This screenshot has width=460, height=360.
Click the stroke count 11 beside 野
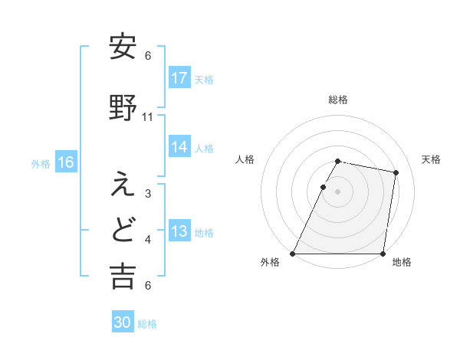coord(148,117)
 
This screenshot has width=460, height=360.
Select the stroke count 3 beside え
coord(148,194)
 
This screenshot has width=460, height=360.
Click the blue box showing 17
coord(179,78)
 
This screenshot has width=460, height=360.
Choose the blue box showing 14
coord(179,147)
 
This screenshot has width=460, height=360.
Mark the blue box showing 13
coord(179,231)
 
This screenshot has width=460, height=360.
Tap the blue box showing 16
coord(66,162)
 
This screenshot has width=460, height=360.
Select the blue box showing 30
coord(123,323)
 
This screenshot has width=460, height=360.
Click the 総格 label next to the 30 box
coord(148,324)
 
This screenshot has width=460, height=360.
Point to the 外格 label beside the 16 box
coord(41,163)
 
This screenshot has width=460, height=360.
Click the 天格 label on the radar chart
coord(431,159)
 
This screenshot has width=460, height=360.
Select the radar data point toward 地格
coord(383,254)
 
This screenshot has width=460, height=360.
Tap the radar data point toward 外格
coord(293,254)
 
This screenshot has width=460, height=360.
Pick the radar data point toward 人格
coord(324,186)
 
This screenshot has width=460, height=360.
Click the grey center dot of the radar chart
coord(338,191)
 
